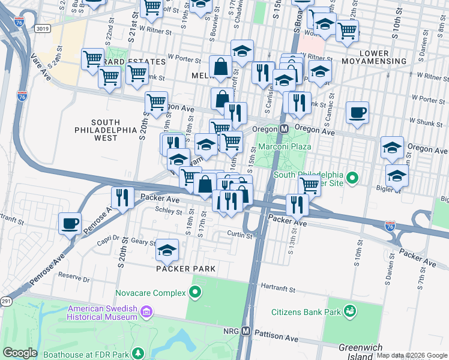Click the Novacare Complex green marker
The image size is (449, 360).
point(194,292)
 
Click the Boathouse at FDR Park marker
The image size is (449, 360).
point(139,353)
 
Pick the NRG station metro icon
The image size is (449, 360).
point(246,331)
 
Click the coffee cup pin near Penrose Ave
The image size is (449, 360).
point(70,223)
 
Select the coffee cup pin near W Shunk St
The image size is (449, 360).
point(357,112)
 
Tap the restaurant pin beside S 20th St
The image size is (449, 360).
point(122,197)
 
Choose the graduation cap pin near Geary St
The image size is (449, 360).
point(167,249)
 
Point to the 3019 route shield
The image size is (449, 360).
point(42,28)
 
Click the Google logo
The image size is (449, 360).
point(20,352)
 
